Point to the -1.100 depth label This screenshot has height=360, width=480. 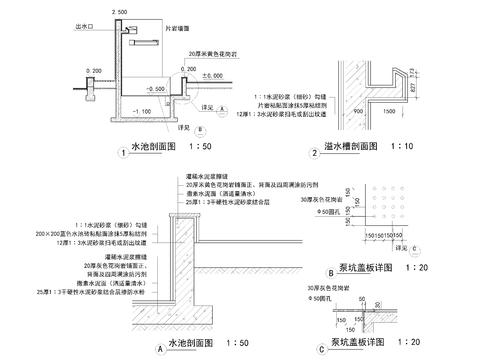(x=141, y=110)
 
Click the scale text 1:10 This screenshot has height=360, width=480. (x=415, y=147)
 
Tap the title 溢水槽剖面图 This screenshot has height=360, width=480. (x=350, y=147)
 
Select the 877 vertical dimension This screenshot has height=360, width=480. (x=413, y=85)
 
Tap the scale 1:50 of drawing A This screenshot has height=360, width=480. (x=235, y=343)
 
